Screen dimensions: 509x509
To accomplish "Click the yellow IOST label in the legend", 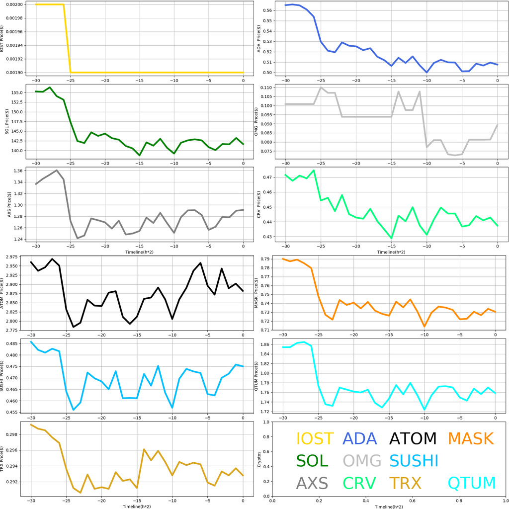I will point(315,438).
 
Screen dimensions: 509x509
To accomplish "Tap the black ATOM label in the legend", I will point(413,438).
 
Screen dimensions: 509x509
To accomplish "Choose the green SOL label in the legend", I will point(312,461).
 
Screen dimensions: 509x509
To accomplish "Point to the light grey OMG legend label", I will point(362,461).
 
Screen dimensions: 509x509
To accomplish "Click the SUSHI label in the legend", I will point(414,461).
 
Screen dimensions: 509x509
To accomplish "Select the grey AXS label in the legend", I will point(312,483).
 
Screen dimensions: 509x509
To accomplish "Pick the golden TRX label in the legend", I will point(405,483).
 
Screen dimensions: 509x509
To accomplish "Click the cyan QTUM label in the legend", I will point(472,483).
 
